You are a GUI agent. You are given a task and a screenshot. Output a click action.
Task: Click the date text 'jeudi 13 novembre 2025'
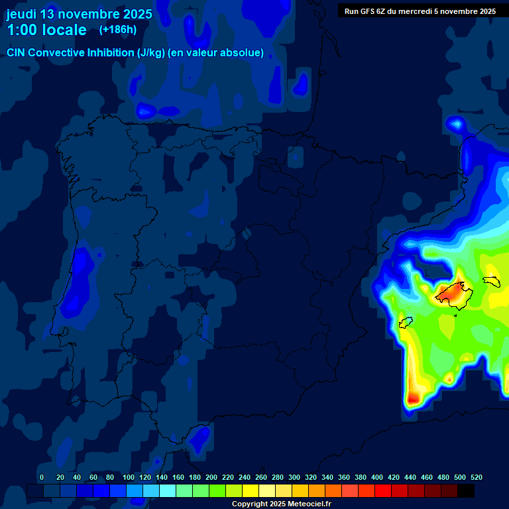coord(79,14)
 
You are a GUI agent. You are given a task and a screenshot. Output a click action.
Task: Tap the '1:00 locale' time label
coord(46,30)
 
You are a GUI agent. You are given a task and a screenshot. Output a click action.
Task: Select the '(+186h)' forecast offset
coord(117,30)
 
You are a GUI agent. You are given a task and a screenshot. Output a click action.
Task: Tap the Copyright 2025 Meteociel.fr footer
coord(281,504)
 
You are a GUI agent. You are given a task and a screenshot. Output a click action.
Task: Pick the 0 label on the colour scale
coord(42,477)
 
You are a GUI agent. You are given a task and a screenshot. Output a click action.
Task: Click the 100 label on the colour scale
coord(129,477)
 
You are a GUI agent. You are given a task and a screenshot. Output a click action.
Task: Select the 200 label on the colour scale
coord(211,477)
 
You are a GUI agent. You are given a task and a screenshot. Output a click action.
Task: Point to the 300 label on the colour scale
coord(294,477)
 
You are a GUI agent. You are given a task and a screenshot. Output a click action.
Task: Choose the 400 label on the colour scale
coord(377,477)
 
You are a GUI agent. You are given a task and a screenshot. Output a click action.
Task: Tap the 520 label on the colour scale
coord(476,477)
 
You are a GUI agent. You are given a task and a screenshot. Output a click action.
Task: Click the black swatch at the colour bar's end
coord(466,490)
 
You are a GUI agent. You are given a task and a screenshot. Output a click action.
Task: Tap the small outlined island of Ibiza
coord(406,323)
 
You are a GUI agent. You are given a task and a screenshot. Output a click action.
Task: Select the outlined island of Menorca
coord(491,281)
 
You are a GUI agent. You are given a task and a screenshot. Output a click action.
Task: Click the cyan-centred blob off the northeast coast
coord(456,123)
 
